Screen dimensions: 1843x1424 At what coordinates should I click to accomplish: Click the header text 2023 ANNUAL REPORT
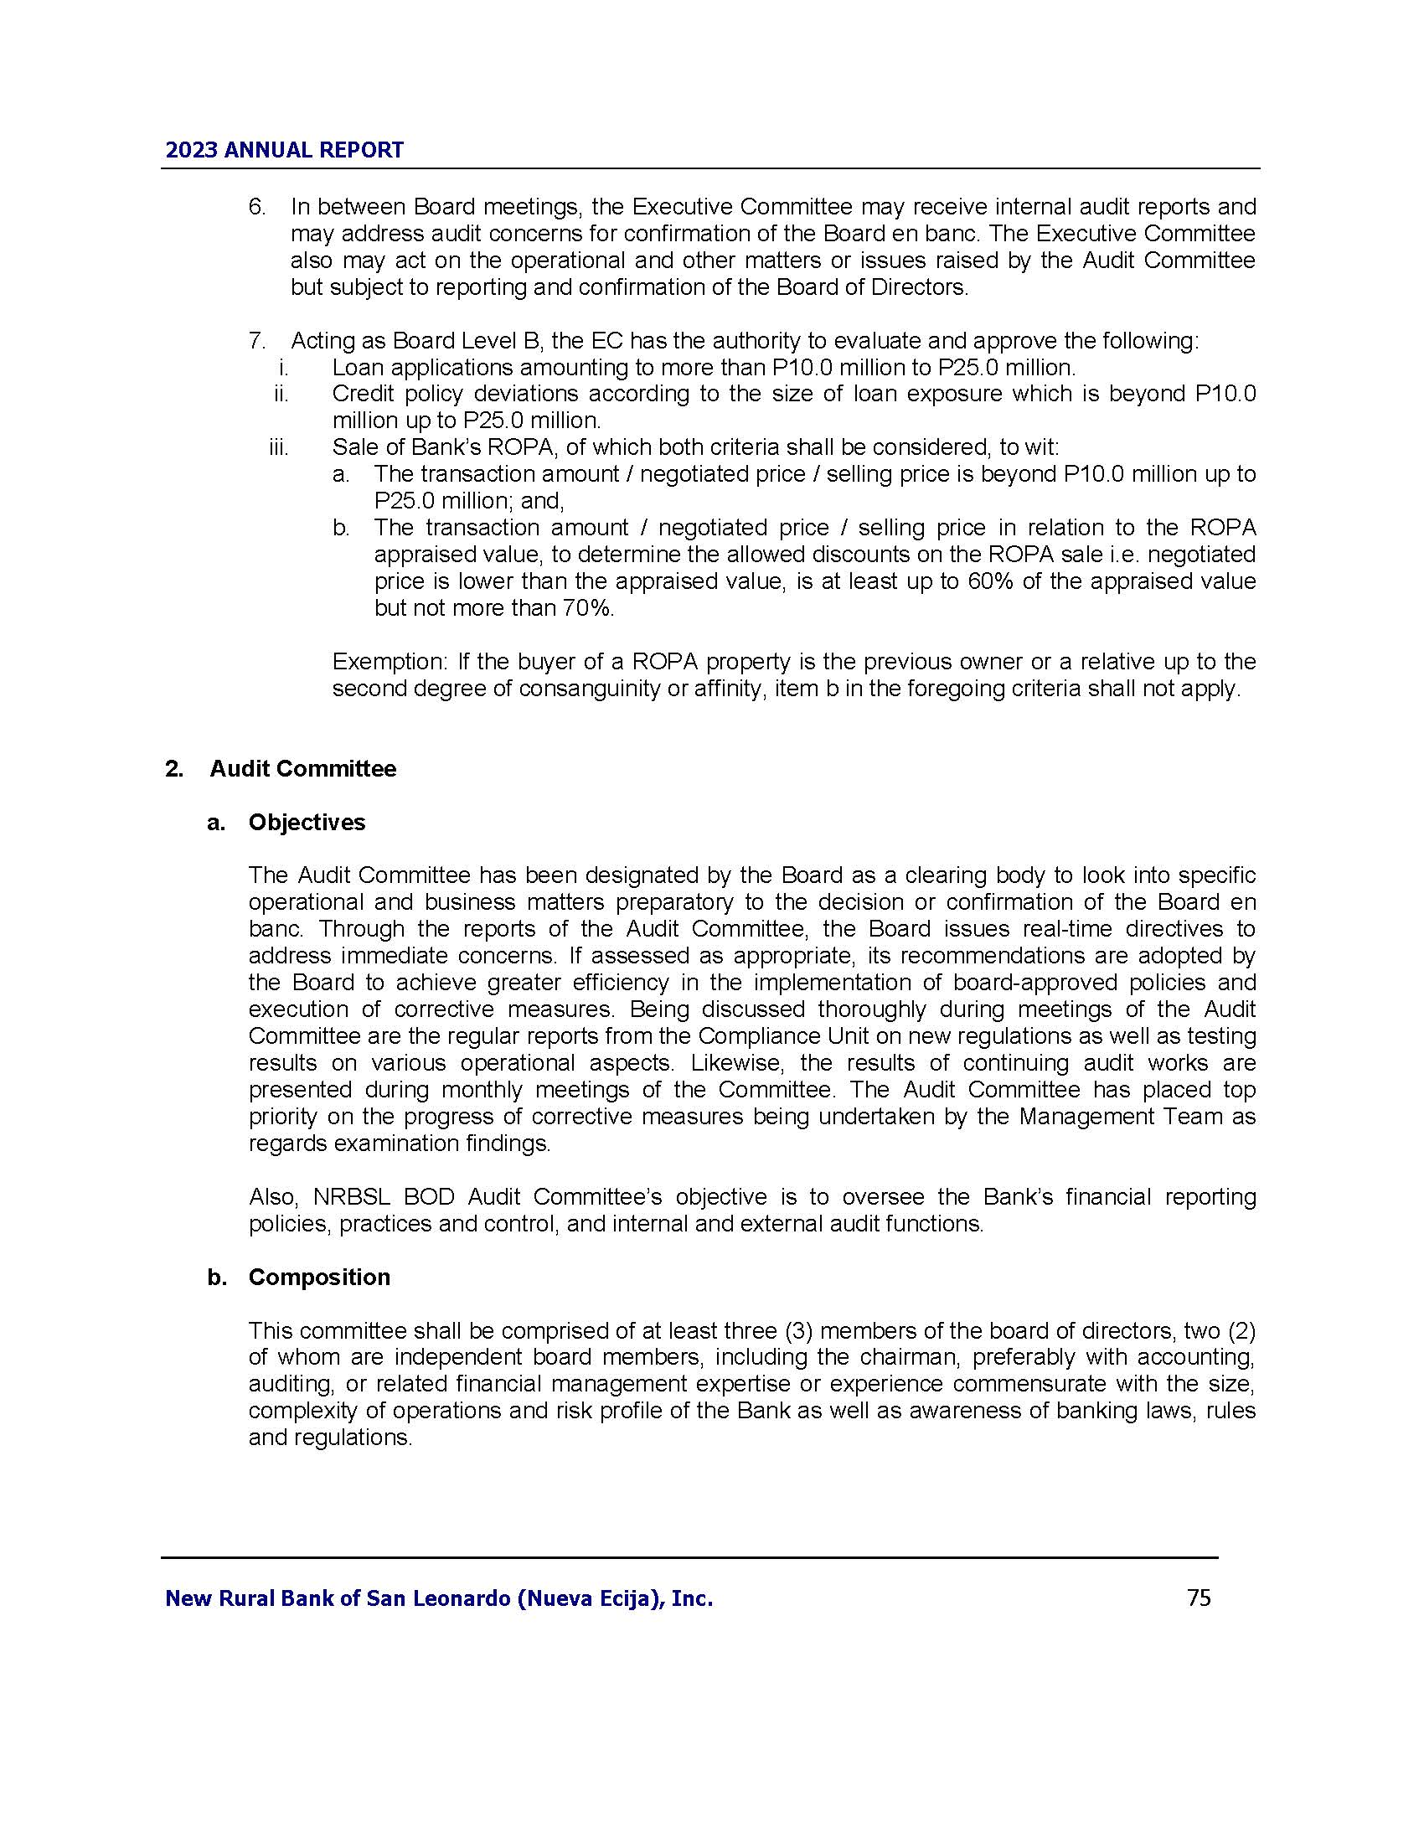(284, 150)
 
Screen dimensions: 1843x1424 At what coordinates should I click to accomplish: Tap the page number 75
(1199, 1598)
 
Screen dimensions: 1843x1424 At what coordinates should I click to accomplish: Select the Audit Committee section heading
(303, 769)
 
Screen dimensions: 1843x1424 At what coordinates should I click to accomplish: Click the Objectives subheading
(307, 823)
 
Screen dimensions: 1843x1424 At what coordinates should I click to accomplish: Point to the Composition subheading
(319, 1277)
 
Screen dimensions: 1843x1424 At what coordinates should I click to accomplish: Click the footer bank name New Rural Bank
(439, 1598)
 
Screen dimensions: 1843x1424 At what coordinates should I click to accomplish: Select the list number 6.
(256, 207)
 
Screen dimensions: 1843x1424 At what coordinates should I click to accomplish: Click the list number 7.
(256, 341)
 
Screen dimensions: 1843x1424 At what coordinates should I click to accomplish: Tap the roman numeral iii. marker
(278, 447)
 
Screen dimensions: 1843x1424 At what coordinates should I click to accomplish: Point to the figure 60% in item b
(989, 581)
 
